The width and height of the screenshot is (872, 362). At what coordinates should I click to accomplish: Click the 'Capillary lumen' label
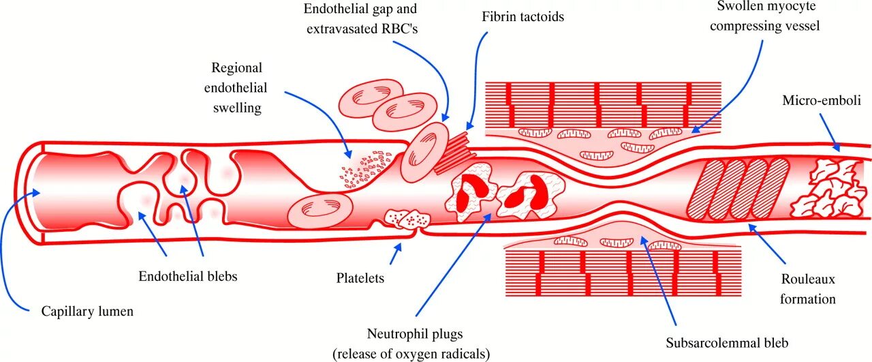coord(87,312)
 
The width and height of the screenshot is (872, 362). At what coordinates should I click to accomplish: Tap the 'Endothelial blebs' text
coord(188,277)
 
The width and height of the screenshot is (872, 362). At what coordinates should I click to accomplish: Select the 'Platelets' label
coord(360,278)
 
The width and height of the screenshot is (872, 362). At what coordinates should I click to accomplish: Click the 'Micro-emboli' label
coord(822,101)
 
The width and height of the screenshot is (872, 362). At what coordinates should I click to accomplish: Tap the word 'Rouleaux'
coord(808,280)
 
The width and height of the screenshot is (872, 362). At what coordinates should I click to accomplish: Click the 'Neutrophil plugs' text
coord(415,334)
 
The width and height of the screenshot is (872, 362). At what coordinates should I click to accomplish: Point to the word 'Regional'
coord(236,68)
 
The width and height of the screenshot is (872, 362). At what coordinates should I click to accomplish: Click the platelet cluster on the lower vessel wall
coord(407,219)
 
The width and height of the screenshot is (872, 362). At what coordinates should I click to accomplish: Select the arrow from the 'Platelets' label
coord(396,255)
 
